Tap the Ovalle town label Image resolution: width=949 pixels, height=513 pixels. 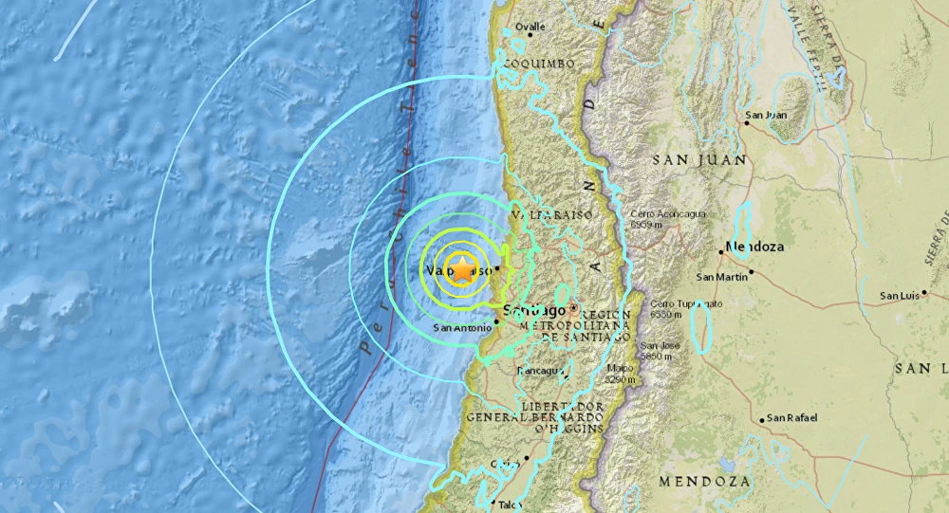click(x=530, y=27)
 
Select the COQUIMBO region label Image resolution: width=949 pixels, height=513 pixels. click(x=539, y=64)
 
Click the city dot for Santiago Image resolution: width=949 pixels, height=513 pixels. click(x=574, y=308)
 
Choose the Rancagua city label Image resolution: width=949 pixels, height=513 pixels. click(x=537, y=371)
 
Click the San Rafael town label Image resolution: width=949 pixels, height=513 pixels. click(x=793, y=418)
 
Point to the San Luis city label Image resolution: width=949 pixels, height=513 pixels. click(x=900, y=296)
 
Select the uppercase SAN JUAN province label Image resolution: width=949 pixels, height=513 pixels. click(x=690, y=161)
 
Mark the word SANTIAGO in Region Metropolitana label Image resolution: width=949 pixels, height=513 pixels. click(x=586, y=337)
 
